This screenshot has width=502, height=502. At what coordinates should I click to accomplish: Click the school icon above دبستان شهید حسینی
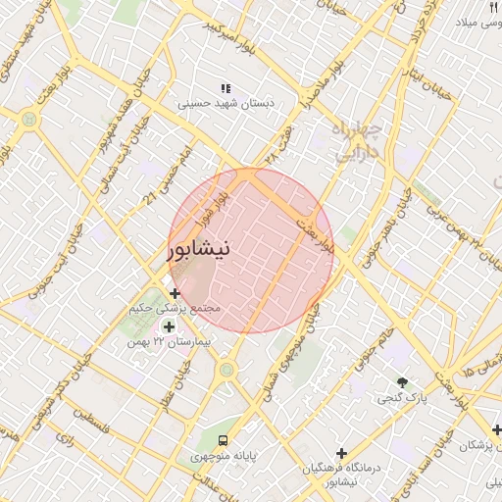coord(226,88)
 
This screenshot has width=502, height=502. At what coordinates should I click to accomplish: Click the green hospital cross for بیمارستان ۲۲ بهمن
coord(170,327)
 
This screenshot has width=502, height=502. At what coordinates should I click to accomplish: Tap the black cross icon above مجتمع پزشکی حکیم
coord(175,294)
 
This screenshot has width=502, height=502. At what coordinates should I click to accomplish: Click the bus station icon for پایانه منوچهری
coord(225,440)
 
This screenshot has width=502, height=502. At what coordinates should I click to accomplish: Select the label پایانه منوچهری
coord(225,456)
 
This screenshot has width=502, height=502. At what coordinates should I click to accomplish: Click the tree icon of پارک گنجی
coord(401,381)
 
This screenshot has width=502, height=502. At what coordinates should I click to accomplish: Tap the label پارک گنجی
coord(401,398)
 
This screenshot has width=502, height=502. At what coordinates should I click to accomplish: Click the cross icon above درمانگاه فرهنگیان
coord(341,452)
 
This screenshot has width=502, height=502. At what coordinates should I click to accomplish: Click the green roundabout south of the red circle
coord(228,370)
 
